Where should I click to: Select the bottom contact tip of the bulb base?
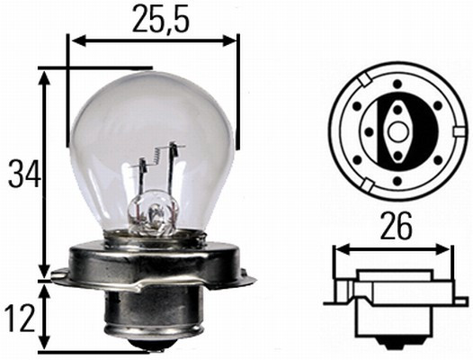point(154,346)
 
